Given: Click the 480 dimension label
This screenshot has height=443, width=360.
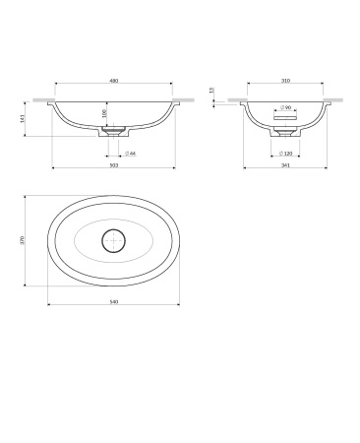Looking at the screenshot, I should tap(114, 82).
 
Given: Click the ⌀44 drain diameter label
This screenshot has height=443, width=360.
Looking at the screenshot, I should tap(130, 154).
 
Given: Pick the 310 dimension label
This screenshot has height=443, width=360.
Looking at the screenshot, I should tap(284, 82).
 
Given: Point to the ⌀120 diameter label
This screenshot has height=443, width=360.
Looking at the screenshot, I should tap(286, 154).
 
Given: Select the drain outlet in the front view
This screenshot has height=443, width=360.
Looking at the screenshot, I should tap(114, 128).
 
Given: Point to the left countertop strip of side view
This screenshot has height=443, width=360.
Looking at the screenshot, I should tap(234, 99).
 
